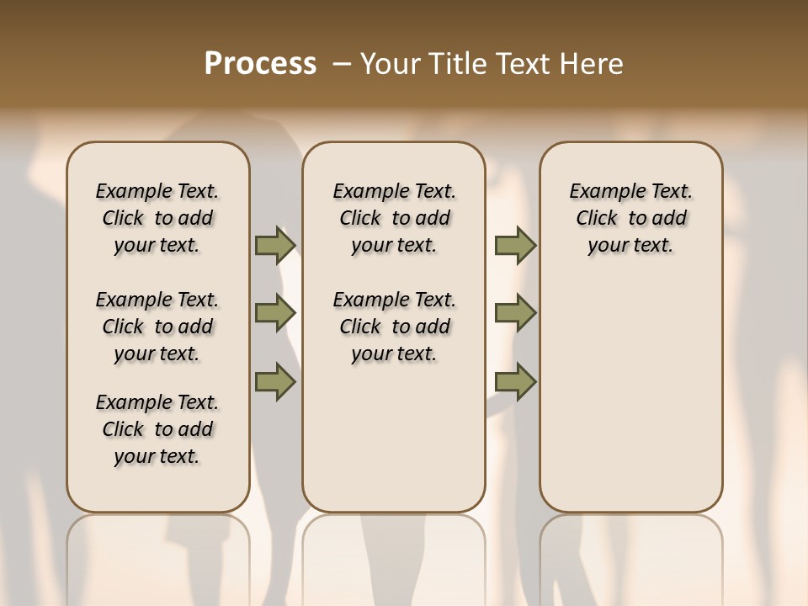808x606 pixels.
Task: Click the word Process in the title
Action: click(x=260, y=64)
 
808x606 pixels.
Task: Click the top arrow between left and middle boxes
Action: click(x=274, y=245)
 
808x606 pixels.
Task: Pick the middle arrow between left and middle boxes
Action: click(x=274, y=313)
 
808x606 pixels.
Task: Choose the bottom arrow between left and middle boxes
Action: click(x=274, y=382)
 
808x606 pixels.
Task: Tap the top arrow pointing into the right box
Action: click(x=515, y=245)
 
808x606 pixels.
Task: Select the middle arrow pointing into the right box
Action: click(x=515, y=313)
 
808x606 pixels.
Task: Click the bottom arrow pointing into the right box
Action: click(x=515, y=382)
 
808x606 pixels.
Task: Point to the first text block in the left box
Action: click(x=157, y=218)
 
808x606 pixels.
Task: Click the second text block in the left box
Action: click(x=157, y=327)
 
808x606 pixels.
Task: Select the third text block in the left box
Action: click(x=157, y=429)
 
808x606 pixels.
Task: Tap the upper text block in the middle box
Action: click(x=395, y=218)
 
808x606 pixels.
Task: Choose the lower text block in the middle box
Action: click(x=395, y=327)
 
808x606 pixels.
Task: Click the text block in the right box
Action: click(x=631, y=218)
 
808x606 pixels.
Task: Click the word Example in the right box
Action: click(x=602, y=192)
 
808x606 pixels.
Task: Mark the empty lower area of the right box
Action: click(x=631, y=396)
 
